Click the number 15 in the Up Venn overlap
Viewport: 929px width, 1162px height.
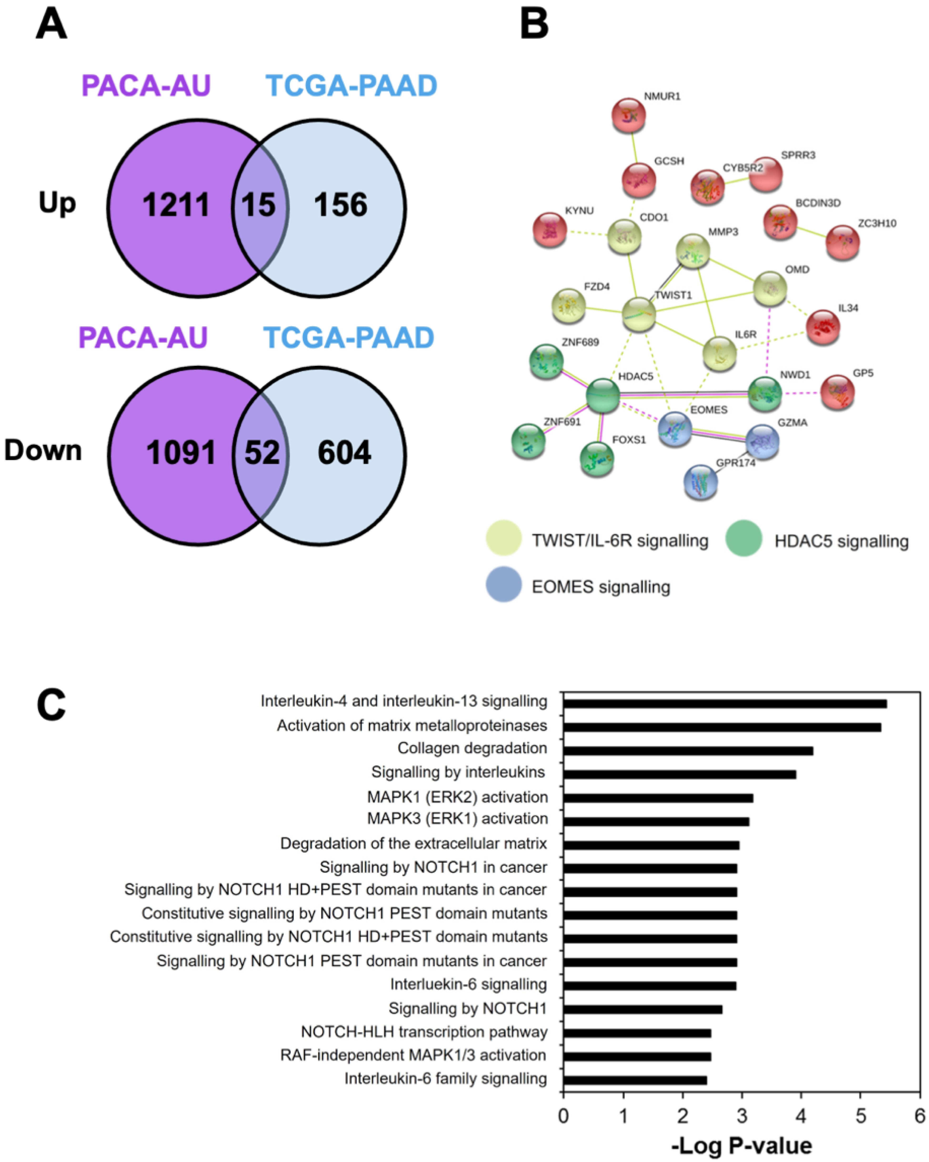(258, 205)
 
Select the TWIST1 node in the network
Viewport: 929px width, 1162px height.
(639, 314)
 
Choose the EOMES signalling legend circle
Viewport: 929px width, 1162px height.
(503, 584)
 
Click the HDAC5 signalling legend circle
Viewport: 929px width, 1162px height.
(743, 538)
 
